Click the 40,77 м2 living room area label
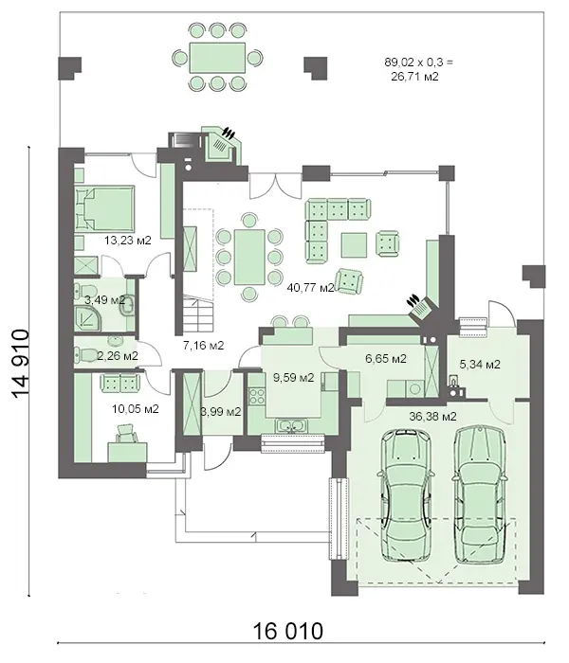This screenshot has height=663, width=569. coord(311,288)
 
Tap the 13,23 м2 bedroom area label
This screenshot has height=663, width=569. coord(128,241)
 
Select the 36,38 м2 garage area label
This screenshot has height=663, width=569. coord(432,417)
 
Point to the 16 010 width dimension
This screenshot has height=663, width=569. coord(288,632)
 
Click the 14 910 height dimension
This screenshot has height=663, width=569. coord(20,364)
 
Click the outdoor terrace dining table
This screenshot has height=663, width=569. coord(217,57)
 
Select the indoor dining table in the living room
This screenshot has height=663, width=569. coord(249,257)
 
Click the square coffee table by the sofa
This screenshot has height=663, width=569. coord(354,244)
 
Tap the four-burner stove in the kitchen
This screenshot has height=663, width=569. coord(256,396)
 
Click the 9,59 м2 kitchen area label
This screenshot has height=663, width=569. coord(293,378)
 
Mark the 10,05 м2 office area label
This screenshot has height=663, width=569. coord(136,409)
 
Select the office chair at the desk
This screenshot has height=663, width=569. coord(126,434)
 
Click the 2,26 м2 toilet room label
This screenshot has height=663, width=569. coord(118,356)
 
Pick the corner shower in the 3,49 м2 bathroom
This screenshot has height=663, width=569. coord(88,317)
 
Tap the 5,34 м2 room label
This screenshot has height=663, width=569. coord(480,364)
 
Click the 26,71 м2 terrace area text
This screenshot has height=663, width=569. coord(414,77)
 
